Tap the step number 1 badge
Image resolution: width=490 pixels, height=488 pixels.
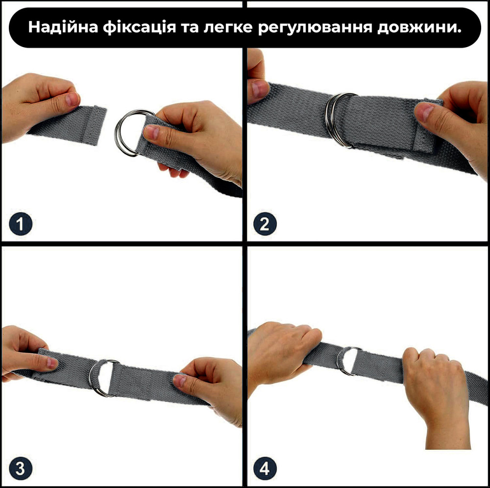(x=21, y=224)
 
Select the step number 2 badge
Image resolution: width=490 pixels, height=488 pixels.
(x=265, y=224)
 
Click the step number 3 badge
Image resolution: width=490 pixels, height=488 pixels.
(x=21, y=468)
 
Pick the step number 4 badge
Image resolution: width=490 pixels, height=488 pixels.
(x=265, y=468)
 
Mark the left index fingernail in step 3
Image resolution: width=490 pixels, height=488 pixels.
(x=52, y=364)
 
